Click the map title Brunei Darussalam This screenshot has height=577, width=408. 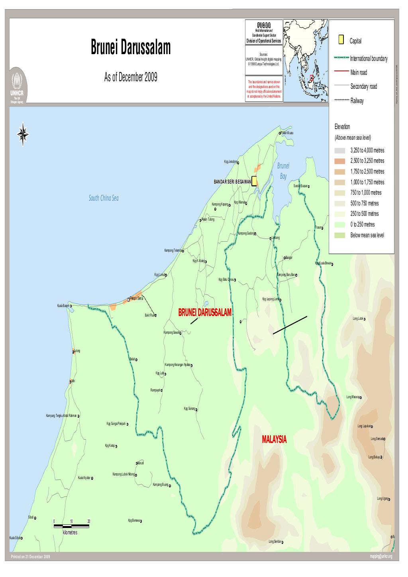pos(131,48)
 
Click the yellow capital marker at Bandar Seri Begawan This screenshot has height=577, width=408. pos(254,181)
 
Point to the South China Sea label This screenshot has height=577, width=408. pos(104,198)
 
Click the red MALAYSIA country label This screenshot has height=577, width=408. pos(274,439)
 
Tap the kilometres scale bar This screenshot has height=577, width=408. pos(71,526)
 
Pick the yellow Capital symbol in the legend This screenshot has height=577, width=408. pos(341,40)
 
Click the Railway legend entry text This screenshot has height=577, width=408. pos(357,101)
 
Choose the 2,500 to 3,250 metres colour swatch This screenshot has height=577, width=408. pos(339,161)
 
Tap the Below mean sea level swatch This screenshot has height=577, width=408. pos(339,235)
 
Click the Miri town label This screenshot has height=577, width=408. pos(73,381)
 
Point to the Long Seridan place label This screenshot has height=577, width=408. pos(275,542)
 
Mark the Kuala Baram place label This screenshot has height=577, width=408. pos(64,305)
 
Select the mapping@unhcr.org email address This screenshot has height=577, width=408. pos(381,556)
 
